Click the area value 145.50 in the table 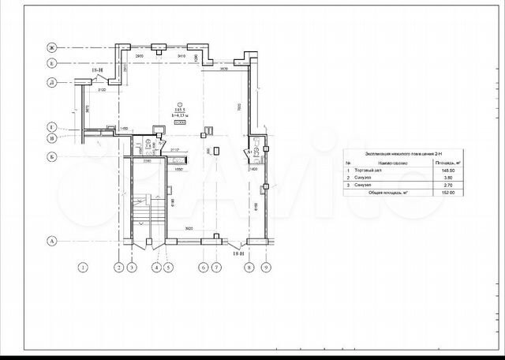point(450,171)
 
